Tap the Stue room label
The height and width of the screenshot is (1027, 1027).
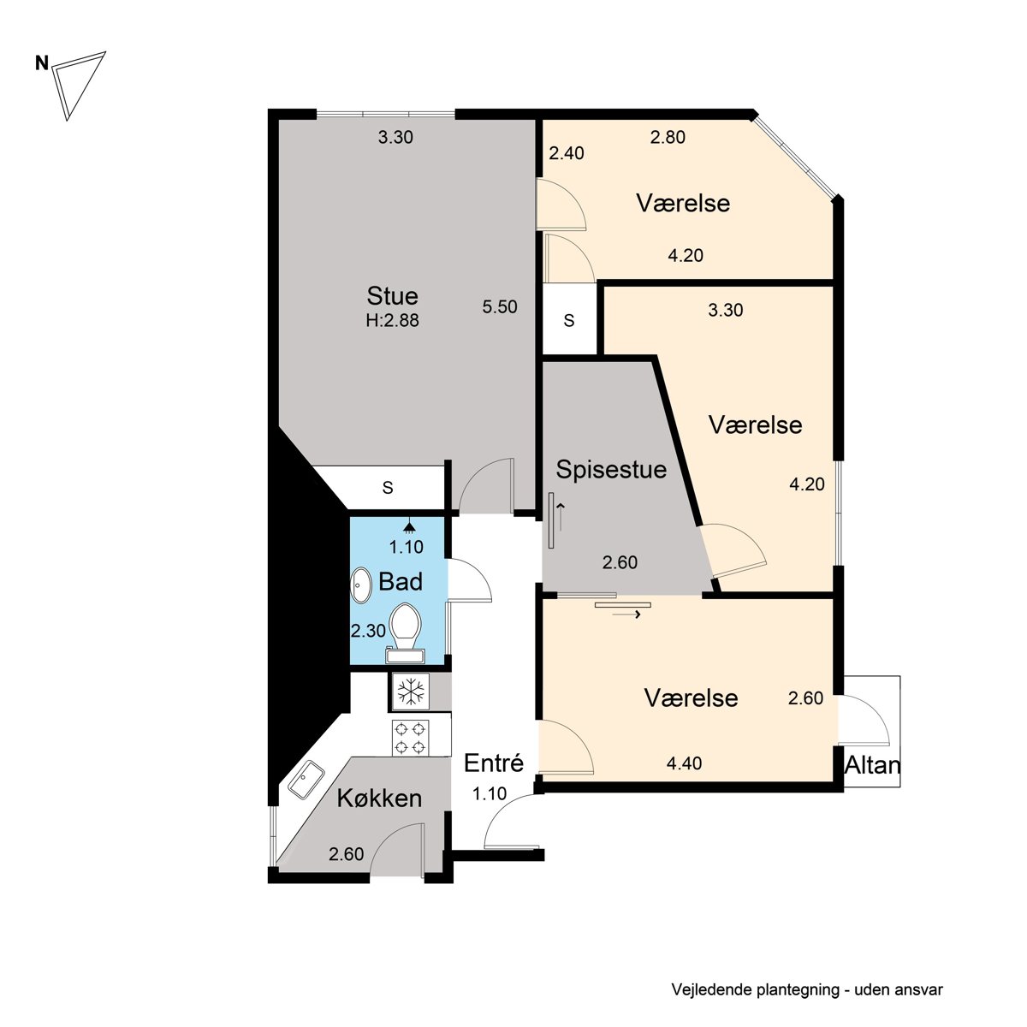pos(392,296)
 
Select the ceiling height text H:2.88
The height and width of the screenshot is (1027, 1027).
pos(392,320)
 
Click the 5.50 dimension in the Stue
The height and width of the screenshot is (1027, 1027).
pos(499,307)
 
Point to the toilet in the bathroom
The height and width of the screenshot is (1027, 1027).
pos(406,633)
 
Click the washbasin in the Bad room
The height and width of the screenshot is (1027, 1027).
pos(361,585)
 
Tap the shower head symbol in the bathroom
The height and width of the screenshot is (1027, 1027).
pos(409,526)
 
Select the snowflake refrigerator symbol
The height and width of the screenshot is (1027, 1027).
pos(411,692)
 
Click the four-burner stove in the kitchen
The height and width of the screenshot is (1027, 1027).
pos(411,738)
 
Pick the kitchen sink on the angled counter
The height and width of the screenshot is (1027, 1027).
pos(306,779)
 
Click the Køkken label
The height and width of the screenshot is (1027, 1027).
pos(379,798)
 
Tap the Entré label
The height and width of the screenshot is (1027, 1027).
pos(494,763)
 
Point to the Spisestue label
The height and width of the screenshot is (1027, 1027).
pos(611,470)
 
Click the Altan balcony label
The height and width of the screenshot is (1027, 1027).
pos(872,766)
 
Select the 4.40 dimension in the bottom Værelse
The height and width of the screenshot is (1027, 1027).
pos(685,763)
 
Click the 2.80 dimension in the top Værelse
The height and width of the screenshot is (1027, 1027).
pos(668,138)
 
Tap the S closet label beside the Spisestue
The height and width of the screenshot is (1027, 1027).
pos(569,320)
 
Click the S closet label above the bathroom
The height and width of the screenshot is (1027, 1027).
pos(388,487)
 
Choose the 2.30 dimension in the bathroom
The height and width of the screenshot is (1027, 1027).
pos(368,631)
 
